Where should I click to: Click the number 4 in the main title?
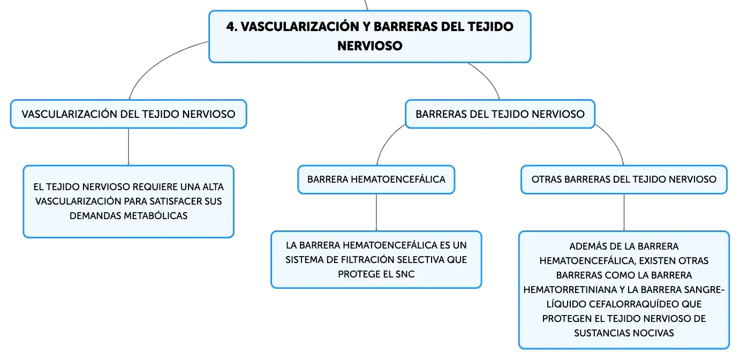coord(232,27)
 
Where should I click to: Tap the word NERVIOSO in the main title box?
coord(369,46)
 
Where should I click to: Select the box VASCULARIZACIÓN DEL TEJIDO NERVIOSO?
coord(129,114)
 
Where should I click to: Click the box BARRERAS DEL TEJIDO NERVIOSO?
coord(500,114)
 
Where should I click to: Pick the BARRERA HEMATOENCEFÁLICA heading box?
coord(376,179)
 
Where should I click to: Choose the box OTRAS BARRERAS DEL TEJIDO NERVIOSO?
coord(624,179)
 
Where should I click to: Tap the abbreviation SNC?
coord(405,274)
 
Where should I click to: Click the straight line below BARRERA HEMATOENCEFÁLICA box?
coord(376,213)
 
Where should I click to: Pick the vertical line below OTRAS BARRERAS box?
coord(624,213)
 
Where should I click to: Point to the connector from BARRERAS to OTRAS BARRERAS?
coord(615,140)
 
